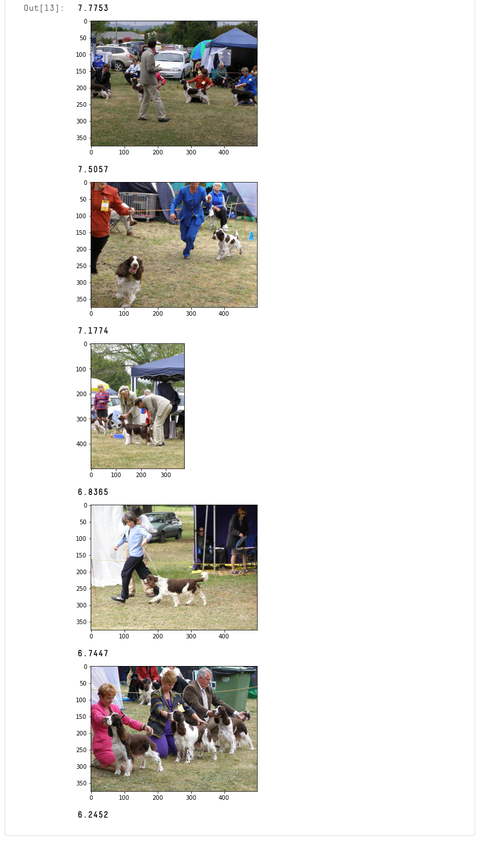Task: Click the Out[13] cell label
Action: pos(44,8)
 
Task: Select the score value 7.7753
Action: pos(93,8)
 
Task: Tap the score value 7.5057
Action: pos(93,169)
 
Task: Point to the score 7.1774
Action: pos(93,331)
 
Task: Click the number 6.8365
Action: pos(93,492)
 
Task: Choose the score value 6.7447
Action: pos(93,653)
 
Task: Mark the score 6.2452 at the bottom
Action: pos(93,815)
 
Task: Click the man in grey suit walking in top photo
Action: pos(151,80)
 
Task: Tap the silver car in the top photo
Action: pos(173,64)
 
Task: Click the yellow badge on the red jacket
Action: pos(105,204)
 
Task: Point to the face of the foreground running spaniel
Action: pos(133,267)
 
